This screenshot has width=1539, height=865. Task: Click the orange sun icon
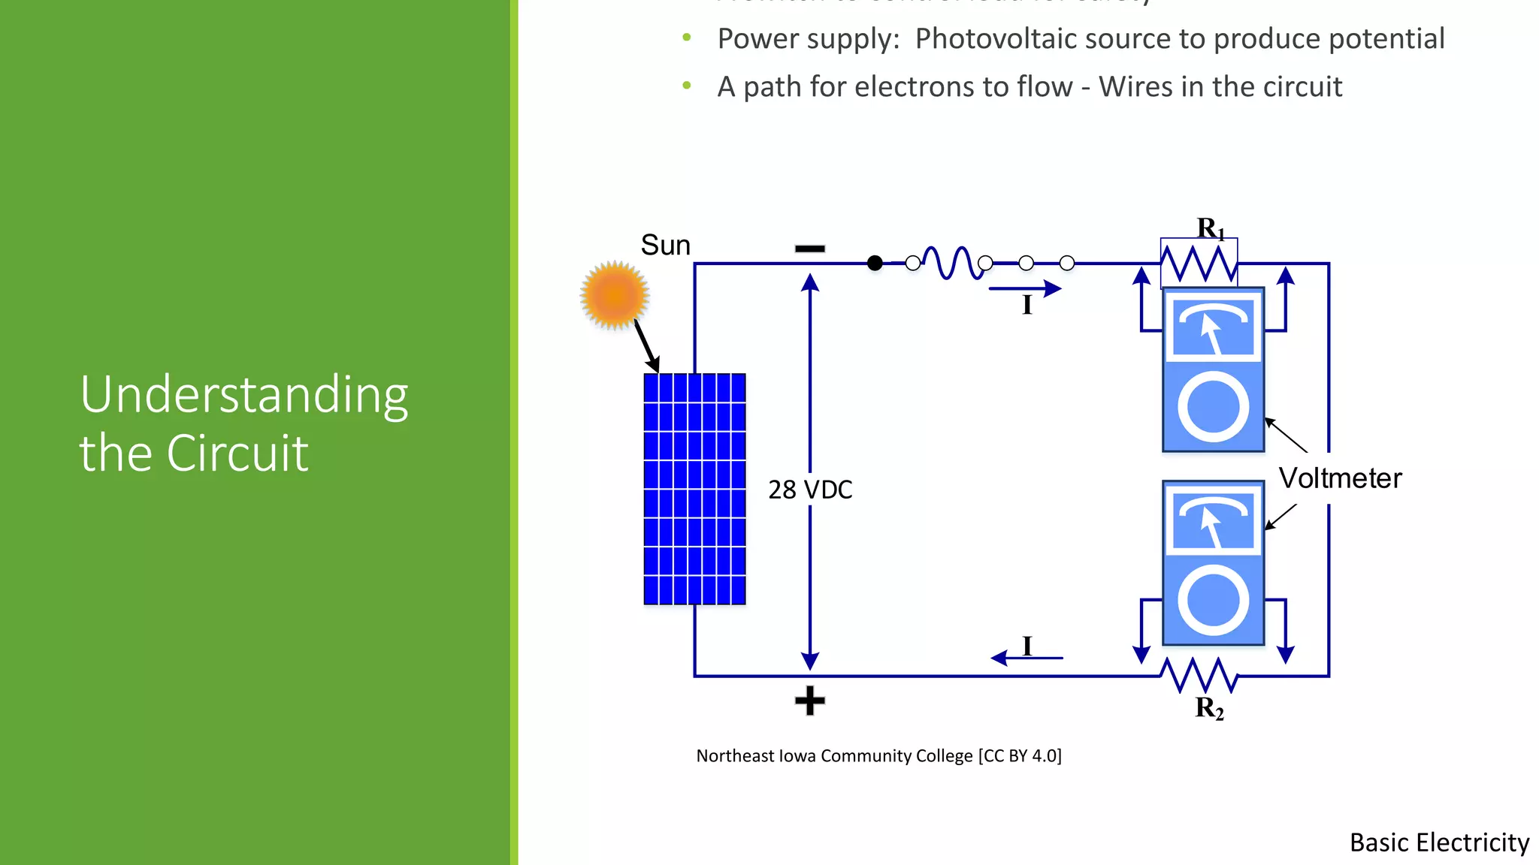(615, 295)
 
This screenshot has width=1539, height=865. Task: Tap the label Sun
(665, 246)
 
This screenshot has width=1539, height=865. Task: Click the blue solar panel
(694, 489)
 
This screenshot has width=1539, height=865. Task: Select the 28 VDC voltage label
(810, 490)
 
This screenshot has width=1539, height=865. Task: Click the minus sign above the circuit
(810, 249)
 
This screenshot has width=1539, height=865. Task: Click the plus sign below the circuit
(810, 701)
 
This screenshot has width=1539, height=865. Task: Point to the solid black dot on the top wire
(875, 263)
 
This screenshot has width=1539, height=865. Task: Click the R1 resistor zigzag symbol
(1199, 264)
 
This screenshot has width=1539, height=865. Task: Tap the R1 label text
(1211, 228)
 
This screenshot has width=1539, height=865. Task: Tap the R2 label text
(1209, 708)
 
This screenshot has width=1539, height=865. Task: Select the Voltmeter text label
(1341, 478)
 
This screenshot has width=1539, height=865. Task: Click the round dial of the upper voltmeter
(1213, 408)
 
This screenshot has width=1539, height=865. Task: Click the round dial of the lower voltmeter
(1213, 600)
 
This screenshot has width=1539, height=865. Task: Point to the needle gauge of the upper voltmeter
(1213, 328)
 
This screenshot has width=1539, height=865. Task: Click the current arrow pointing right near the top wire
(1025, 288)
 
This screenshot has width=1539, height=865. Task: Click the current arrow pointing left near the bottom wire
(1027, 658)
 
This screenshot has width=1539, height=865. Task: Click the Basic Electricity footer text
(1439, 842)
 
